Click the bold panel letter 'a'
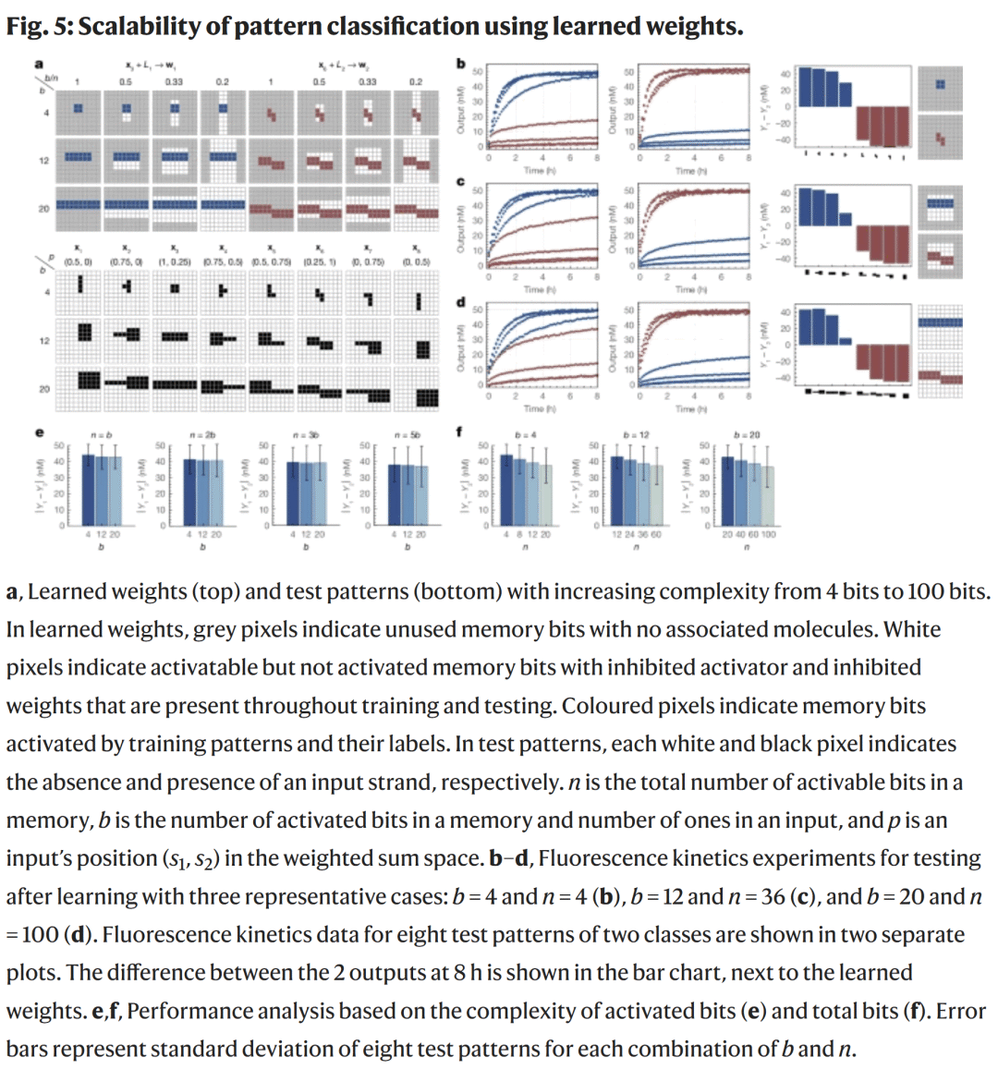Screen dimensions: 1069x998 (39, 64)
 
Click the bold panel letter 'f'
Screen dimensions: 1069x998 (460, 431)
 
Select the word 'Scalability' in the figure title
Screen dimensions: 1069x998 (138, 26)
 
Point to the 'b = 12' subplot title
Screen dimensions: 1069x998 (636, 433)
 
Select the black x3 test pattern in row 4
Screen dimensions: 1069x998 (175, 293)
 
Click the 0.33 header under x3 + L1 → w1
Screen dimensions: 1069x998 (174, 81)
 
